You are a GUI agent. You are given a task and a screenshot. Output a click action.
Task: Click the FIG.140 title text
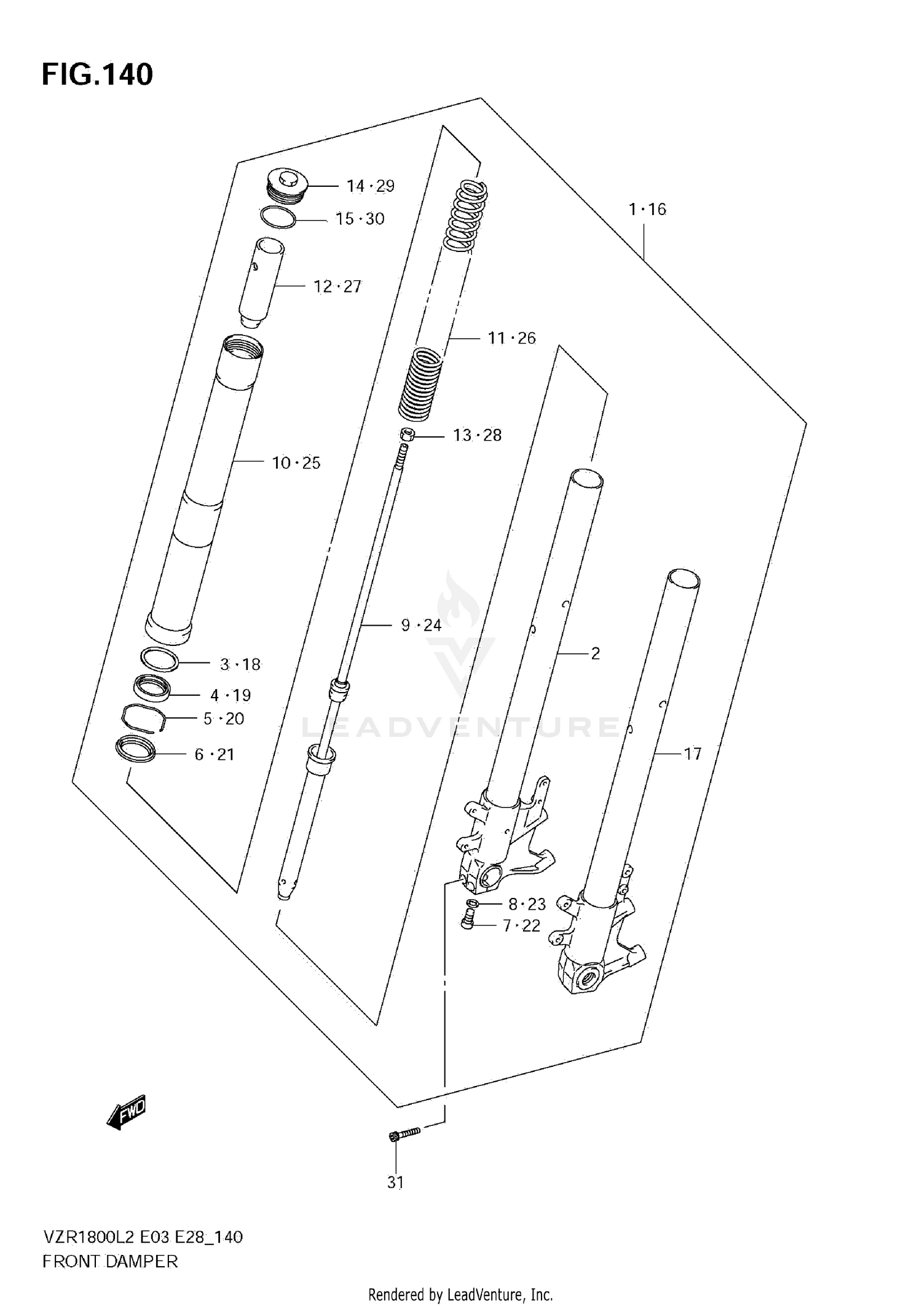[x=97, y=75]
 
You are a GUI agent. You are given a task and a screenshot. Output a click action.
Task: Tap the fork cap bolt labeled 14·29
[x=288, y=185]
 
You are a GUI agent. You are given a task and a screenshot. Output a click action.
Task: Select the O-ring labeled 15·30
[x=278, y=218]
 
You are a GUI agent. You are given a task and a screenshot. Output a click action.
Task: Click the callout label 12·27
[x=337, y=286]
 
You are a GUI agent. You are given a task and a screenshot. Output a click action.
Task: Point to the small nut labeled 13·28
[x=406, y=435]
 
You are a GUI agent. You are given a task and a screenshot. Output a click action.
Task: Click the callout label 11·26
[x=511, y=338]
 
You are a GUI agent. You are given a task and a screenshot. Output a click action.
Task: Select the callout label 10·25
[x=296, y=463]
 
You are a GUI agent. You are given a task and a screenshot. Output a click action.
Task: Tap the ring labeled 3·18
[x=160, y=660]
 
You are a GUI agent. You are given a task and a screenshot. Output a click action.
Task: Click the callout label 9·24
[x=421, y=625]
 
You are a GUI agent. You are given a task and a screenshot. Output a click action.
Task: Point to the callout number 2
[x=594, y=653]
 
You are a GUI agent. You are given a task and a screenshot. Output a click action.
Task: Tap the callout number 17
[x=692, y=753]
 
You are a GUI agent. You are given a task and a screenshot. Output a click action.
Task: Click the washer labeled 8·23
[x=472, y=903]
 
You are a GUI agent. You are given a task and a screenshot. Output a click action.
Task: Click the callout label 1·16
[x=647, y=210]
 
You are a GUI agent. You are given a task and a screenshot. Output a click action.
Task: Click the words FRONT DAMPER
[x=110, y=1262]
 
